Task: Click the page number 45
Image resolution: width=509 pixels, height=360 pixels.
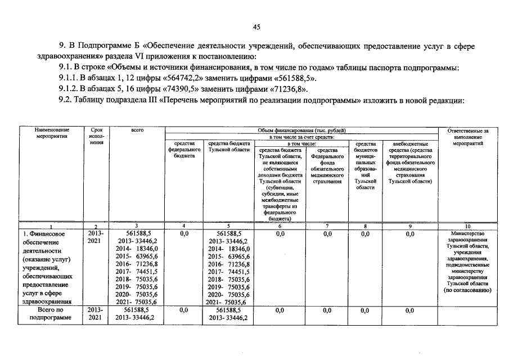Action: [256, 27]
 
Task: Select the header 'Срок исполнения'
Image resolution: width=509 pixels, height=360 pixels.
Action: [96, 137]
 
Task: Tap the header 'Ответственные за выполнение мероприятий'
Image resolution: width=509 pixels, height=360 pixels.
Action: [467, 137]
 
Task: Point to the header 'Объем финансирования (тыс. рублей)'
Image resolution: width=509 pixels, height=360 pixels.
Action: [301, 130]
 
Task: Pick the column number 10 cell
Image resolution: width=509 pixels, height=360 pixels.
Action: [467, 227]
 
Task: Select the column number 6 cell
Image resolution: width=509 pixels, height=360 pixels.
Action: [280, 227]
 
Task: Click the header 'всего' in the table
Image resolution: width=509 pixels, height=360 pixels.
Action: [137, 130]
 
